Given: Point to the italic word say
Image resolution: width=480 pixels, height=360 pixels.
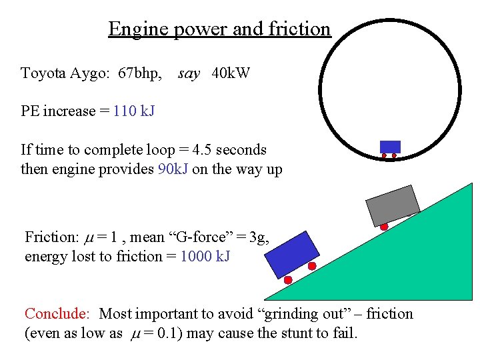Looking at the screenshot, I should pyautogui.click(x=189, y=73).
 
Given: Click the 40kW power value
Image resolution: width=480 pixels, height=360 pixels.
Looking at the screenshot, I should pyautogui.click(x=231, y=73).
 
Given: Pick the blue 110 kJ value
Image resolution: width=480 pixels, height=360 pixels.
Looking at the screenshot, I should pyautogui.click(x=134, y=111).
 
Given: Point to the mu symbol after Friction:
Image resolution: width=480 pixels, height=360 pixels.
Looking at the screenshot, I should pyautogui.click(x=89, y=237).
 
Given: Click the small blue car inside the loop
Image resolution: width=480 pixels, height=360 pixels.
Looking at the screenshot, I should pyautogui.click(x=390, y=147).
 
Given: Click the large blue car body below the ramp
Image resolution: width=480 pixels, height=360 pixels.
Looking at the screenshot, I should pyautogui.click(x=293, y=254).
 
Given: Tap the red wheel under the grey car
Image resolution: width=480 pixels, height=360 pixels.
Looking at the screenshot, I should pyautogui.click(x=384, y=227).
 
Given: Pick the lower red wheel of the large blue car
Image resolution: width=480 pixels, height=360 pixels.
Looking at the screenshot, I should pyautogui.click(x=288, y=280).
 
